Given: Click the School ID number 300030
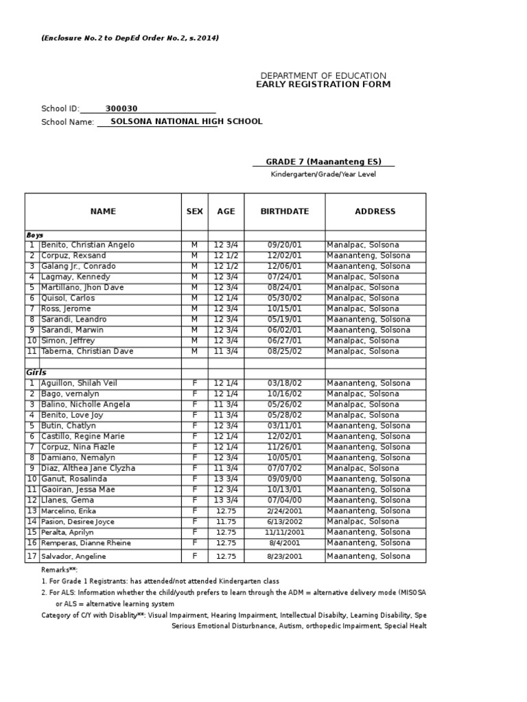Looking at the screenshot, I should [121, 108].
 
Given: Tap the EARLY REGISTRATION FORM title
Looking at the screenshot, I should [323, 84].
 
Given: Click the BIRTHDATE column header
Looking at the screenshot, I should [284, 212].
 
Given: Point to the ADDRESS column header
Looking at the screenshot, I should [375, 212].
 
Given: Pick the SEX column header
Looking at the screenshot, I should [194, 212].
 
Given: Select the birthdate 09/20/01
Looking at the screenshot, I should [284, 245].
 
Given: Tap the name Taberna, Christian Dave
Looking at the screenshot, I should [87, 352].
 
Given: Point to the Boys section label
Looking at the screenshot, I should [35, 235].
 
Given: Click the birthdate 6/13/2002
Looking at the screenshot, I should [284, 522].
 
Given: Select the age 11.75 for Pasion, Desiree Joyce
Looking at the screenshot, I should [226, 522].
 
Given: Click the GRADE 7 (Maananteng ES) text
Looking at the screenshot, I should [323, 162].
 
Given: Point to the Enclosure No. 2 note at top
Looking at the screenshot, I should [130, 38].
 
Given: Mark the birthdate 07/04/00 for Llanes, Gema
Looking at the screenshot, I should [284, 500].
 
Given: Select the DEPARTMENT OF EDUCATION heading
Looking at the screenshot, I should [323, 75].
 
